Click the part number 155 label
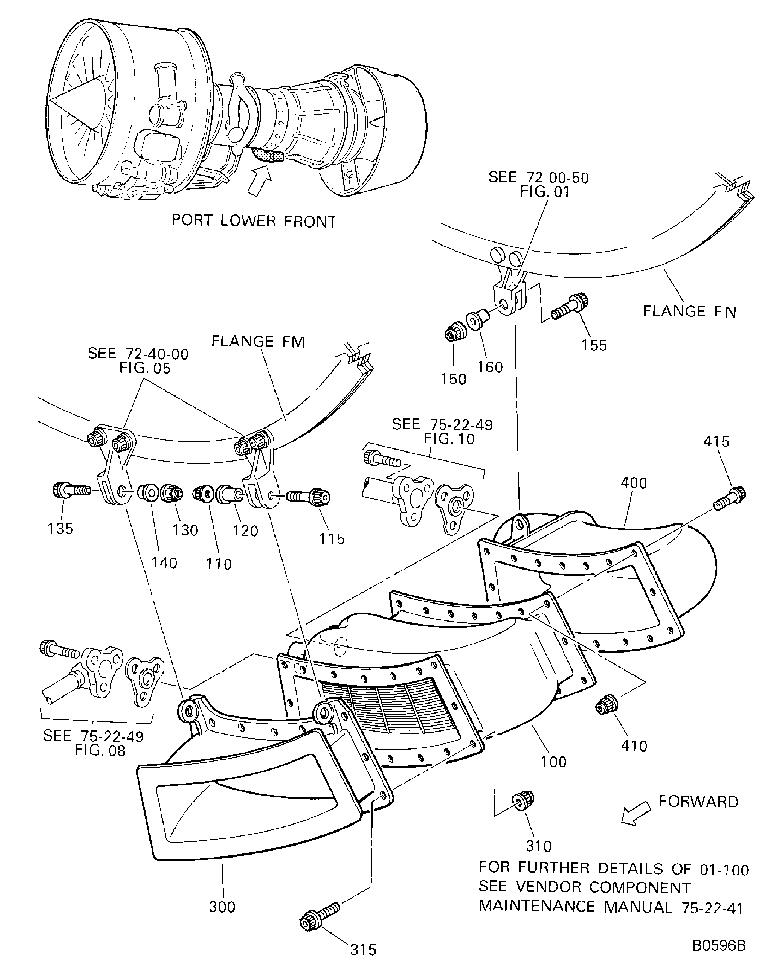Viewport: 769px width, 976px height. point(594,345)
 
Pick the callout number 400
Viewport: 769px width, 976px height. point(634,483)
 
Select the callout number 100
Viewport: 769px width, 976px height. point(554,762)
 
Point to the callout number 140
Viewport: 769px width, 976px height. point(164,563)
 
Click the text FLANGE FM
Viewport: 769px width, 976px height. point(258,342)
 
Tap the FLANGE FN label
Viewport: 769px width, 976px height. point(689,312)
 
